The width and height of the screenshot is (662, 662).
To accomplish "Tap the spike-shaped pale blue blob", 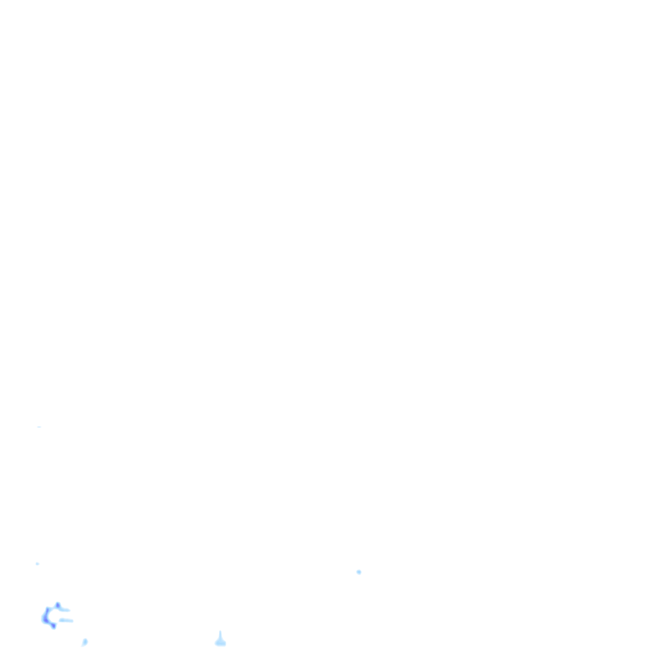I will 220,641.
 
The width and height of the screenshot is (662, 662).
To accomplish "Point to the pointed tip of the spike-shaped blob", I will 220,632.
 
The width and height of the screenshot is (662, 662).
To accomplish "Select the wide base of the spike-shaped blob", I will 220,644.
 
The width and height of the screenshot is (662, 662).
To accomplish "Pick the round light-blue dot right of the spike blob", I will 359,572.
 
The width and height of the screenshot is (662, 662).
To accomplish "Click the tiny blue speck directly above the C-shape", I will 37,564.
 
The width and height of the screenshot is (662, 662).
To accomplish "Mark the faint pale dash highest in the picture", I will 39,427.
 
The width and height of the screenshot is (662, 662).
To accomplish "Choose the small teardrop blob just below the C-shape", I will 85,642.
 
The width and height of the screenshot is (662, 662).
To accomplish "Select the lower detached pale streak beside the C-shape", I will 66,621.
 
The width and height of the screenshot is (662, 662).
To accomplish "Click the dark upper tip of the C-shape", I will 58,605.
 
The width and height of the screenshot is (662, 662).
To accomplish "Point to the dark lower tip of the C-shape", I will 53,626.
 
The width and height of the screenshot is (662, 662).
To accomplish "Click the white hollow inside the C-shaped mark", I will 53,615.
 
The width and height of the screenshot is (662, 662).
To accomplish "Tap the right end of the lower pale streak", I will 72,621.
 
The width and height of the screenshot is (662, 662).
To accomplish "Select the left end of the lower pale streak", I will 60,621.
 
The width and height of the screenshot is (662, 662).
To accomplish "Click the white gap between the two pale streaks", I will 65,615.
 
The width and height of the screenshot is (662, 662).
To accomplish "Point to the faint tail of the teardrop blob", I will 83,645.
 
